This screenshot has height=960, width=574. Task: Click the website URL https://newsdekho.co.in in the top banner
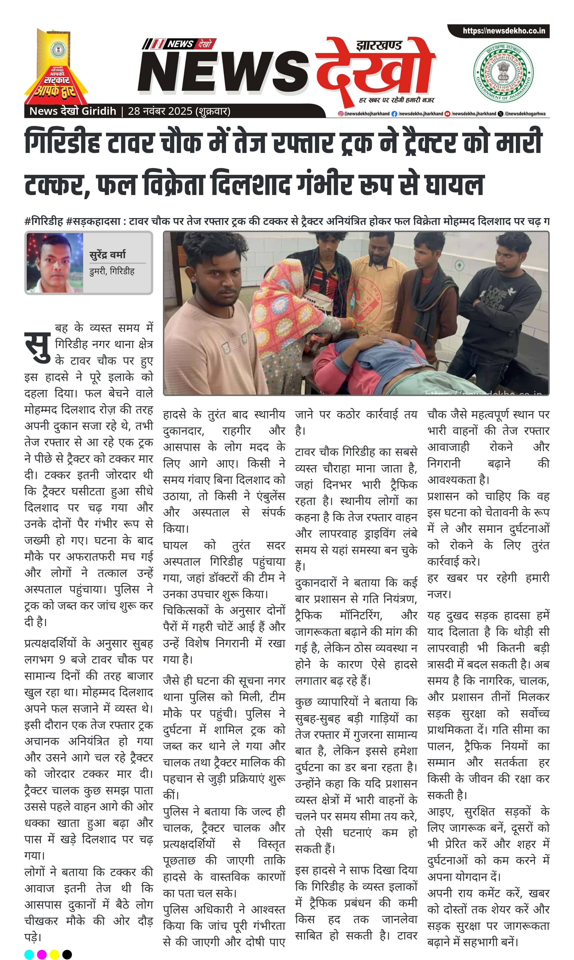pos(504,31)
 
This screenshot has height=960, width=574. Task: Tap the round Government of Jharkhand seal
pos(503,72)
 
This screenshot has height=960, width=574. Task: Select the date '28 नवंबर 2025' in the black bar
pos(160,111)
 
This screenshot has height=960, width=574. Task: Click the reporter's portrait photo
pos(54,263)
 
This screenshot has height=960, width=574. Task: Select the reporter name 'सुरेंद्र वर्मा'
pos(108,254)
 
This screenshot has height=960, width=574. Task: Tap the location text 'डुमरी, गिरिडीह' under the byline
pos(112,271)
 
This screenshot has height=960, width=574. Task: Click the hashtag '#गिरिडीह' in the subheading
pos(43,222)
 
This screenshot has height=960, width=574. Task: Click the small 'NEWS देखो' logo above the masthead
pos(179,44)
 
